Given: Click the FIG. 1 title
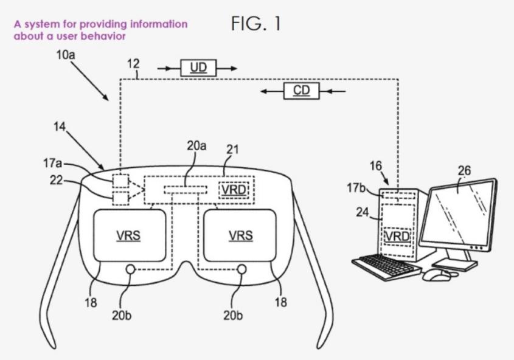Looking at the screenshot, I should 255,24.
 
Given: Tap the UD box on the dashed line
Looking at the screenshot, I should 198,68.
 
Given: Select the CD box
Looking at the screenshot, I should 301,91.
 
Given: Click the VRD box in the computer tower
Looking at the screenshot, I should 396,235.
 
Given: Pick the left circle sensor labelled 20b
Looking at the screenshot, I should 130,269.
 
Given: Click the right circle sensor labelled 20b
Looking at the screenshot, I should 241,269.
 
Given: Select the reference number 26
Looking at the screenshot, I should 464,171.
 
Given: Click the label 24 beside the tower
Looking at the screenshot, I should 364,213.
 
